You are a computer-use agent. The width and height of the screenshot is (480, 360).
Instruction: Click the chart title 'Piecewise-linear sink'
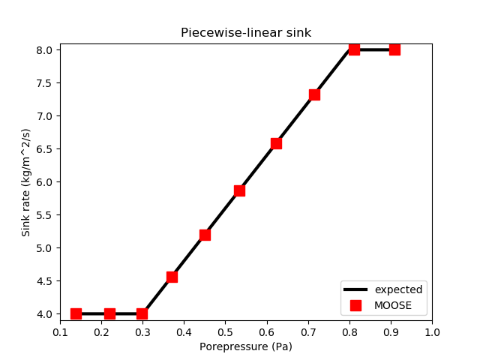pyautogui.click(x=245, y=33)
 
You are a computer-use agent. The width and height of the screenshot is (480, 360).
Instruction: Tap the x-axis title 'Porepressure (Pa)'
pyautogui.click(x=245, y=346)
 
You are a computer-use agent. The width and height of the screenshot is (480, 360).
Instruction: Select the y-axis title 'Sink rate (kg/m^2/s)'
pyautogui.click(x=26, y=182)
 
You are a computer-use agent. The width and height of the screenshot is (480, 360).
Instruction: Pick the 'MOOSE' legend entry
pyautogui.click(x=388, y=305)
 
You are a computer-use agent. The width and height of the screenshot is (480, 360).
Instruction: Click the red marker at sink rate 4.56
pyautogui.click(x=172, y=277)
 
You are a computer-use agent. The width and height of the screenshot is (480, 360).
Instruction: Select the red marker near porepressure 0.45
pyautogui.click(x=205, y=235)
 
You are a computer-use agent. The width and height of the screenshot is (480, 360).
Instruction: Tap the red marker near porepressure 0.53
pyautogui.click(x=239, y=190)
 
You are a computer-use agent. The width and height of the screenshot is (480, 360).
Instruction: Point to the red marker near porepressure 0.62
pyautogui.click(x=276, y=143)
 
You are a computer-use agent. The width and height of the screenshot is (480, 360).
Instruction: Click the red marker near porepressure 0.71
pyautogui.click(x=314, y=94)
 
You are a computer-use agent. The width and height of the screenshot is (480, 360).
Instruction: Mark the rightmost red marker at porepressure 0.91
pyautogui.click(x=394, y=49)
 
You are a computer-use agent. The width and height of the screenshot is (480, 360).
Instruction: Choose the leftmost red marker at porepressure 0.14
pyautogui.click(x=76, y=313)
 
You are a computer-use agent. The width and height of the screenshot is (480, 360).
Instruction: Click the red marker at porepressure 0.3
pyautogui.click(x=142, y=313)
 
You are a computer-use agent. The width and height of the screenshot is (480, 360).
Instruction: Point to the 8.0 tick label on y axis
pyautogui.click(x=44, y=50)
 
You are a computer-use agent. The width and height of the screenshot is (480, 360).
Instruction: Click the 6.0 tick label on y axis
pyautogui.click(x=44, y=182)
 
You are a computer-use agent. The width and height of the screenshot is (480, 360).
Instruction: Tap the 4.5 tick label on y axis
pyautogui.click(x=44, y=281)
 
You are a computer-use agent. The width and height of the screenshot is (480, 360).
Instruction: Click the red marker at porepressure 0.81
pyautogui.click(x=354, y=49)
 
